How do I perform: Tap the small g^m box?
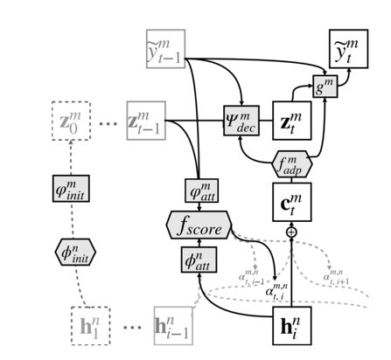pyautogui.click(x=325, y=87)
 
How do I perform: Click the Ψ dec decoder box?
pyautogui.click(x=243, y=120)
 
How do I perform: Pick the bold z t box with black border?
pyautogui.click(x=293, y=120)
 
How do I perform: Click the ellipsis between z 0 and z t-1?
pyautogui.click(x=108, y=123)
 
